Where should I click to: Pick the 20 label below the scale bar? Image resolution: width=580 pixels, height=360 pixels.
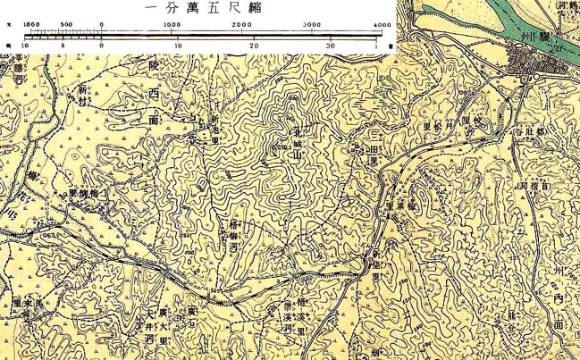pos(255,45)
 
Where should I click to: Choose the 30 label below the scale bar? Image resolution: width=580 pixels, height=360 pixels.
pos(330,45)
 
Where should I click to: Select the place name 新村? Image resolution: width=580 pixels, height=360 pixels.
pos(83,96)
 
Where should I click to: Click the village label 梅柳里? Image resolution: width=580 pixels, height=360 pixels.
pos(89,192)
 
